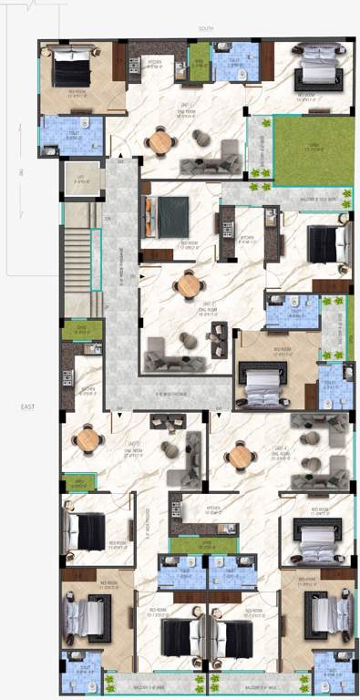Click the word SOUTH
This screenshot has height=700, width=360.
tap(205, 29)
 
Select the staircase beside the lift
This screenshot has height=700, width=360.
tap(80, 259)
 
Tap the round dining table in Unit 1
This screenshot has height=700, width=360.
tap(161, 141)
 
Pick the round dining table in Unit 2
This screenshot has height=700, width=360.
tap(188, 285)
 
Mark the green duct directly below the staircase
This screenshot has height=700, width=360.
tap(80, 330)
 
